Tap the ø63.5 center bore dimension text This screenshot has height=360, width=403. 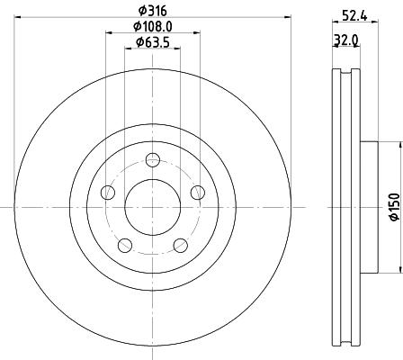pyautogui.click(x=153, y=42)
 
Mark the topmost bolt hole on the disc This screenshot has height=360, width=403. pyautogui.click(x=153, y=160)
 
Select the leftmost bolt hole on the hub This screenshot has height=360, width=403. pyautogui.click(x=108, y=192)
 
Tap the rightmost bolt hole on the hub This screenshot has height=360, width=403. pyautogui.click(x=197, y=191)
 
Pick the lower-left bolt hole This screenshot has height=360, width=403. pyautogui.click(x=125, y=244)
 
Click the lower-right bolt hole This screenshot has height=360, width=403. pyautogui.click(x=180, y=244)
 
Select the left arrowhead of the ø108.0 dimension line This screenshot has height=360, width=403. pyautogui.click(x=109, y=33)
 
